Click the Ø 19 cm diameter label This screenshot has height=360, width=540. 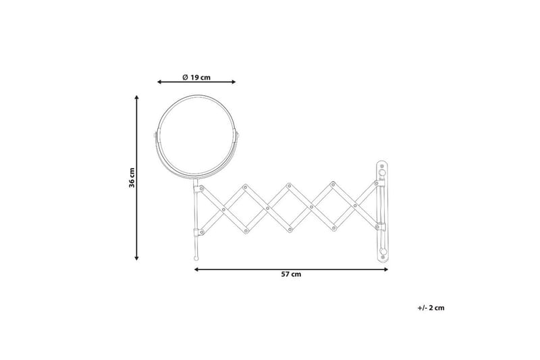196,77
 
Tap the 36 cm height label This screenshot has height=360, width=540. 132,178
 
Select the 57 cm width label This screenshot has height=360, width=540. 291,274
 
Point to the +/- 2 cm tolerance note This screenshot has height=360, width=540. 431,308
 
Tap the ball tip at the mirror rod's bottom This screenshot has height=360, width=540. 196,258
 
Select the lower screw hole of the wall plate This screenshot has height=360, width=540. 382,251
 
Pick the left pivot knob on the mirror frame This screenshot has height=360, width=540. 155,135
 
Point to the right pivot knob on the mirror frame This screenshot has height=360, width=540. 238,135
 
